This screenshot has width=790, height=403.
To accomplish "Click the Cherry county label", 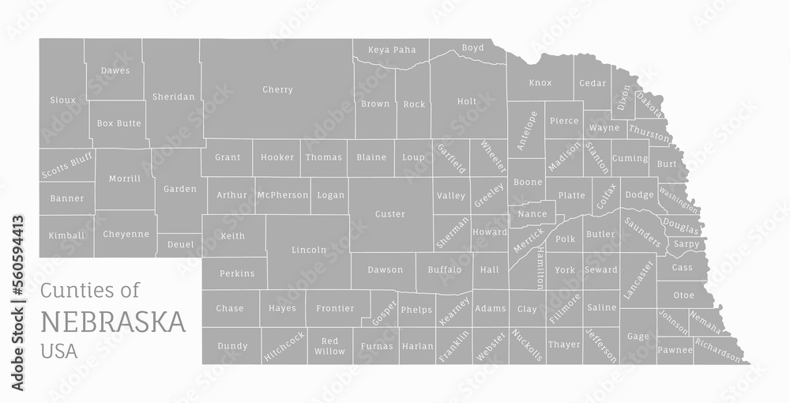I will (x=277, y=90).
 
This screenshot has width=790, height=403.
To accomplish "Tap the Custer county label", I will (x=389, y=214).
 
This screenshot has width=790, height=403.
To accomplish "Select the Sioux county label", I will (x=63, y=100).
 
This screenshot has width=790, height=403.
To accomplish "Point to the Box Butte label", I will (x=118, y=123).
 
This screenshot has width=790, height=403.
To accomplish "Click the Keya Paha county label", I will (x=392, y=51).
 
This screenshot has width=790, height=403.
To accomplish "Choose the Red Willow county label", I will (x=329, y=346).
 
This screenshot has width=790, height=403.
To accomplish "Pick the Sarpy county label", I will (x=686, y=245).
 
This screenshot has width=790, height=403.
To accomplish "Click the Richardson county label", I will (x=719, y=352).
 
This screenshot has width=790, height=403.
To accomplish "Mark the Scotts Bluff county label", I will (x=66, y=165).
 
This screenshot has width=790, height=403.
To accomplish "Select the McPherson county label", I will (x=282, y=195).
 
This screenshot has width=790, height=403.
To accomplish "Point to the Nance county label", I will (x=532, y=214).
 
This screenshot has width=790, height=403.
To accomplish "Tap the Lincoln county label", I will (x=309, y=250).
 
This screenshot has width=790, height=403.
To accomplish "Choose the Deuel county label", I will (x=180, y=245).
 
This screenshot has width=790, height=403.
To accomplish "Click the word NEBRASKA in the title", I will (x=113, y=322).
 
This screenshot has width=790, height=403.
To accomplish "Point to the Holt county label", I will (x=467, y=101).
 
